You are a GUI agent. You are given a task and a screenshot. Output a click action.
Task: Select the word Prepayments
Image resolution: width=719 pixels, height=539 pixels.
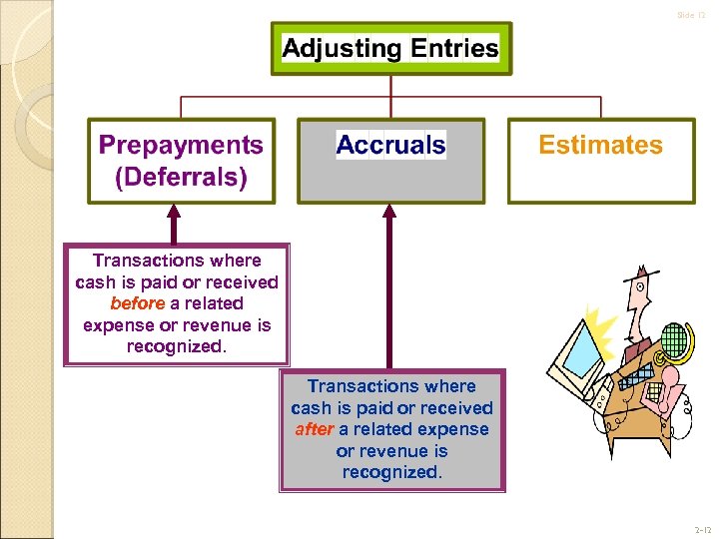click(x=181, y=145)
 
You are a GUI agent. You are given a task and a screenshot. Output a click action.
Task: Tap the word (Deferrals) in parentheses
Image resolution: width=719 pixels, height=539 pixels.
click(x=181, y=178)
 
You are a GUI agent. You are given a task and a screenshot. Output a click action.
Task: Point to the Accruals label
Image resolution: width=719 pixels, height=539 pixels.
click(x=390, y=145)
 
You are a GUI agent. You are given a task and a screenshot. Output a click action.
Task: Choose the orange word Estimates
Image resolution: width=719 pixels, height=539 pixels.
click(x=600, y=145)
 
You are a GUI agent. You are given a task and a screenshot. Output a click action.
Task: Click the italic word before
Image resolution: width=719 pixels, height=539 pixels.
click(x=137, y=303)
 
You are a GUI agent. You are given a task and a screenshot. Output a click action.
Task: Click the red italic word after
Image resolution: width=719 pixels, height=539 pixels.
click(x=314, y=429)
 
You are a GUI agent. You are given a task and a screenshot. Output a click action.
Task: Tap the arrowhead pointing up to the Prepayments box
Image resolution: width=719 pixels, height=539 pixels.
click(x=173, y=212)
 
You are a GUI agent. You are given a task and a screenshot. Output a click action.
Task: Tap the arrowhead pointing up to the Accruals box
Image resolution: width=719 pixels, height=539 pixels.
click(x=389, y=212)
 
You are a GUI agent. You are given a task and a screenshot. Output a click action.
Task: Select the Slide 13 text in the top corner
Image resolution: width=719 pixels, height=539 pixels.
click(x=690, y=15)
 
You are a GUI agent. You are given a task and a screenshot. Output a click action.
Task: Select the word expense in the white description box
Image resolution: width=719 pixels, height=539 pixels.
click(x=119, y=325)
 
